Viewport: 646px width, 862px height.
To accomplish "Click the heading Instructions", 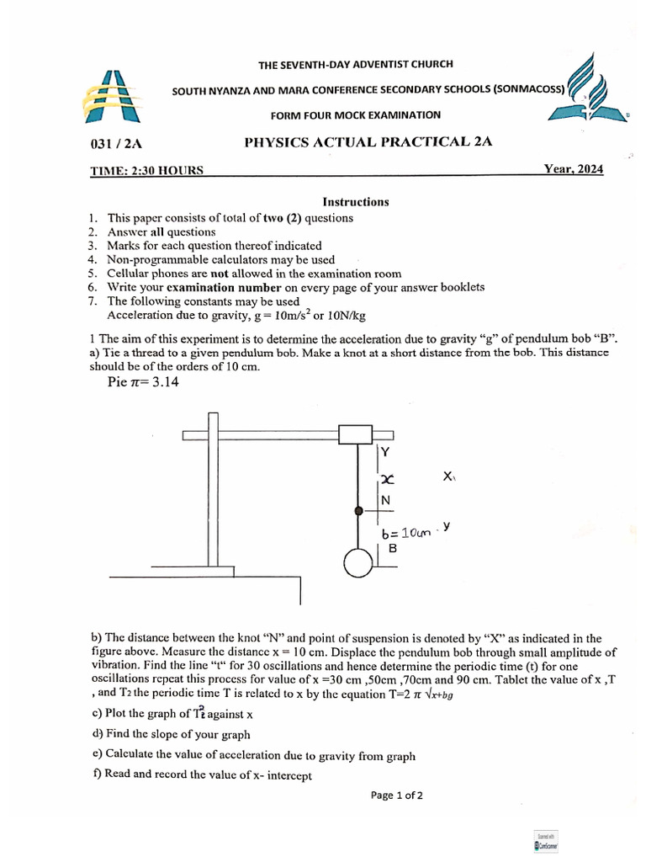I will [356, 202].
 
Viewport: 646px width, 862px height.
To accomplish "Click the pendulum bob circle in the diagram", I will [359, 563].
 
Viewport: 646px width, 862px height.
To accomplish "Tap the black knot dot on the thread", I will [359, 511].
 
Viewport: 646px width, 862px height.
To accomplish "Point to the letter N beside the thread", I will [386, 501].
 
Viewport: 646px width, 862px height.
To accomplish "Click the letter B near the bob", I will [392, 548].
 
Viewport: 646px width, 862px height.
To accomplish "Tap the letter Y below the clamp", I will [386, 453].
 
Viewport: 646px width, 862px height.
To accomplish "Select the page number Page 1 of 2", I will [396, 795].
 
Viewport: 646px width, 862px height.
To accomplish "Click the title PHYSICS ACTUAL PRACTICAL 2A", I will [368, 142].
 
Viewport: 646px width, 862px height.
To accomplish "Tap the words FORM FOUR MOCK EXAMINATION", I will [355, 114].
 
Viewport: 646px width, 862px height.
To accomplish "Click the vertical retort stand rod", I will [213, 488].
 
